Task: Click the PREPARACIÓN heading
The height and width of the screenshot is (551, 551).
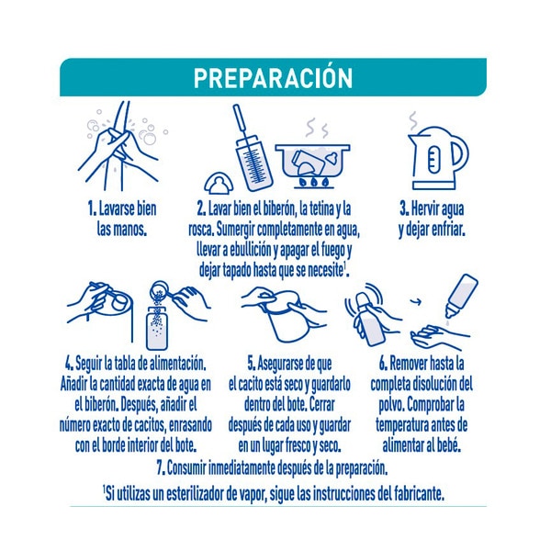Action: pyautogui.click(x=273, y=77)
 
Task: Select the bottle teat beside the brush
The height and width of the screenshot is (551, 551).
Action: pyautogui.click(x=219, y=183)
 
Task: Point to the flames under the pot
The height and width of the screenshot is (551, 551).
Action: pyautogui.click(x=314, y=182)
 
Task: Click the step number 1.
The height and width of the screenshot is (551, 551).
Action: pyautogui.click(x=92, y=208)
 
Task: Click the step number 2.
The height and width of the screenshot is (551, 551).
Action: pyautogui.click(x=201, y=208)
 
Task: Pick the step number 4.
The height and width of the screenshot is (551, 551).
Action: pyautogui.click(x=69, y=364)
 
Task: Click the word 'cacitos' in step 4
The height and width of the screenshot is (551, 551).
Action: pyautogui.click(x=150, y=425)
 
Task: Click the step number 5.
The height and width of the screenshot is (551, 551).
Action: pyautogui.click(x=252, y=364)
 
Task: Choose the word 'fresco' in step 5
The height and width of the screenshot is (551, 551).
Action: pyautogui.click(x=298, y=445)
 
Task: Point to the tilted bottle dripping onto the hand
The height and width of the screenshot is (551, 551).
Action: pyautogui.click(x=462, y=295)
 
